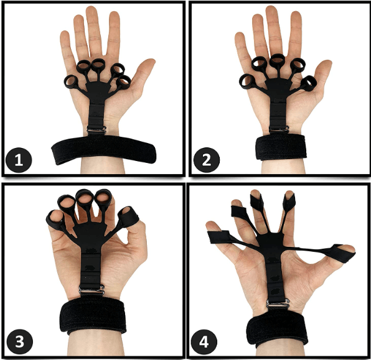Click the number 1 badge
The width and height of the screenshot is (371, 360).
[19, 160]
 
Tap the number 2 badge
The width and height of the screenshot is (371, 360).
[206, 160]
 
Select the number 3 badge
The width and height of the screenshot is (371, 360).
[20, 341]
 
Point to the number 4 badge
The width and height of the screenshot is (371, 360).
[204, 341]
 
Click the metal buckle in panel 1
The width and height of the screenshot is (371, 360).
[96, 130]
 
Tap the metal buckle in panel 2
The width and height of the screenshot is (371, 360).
[279, 129]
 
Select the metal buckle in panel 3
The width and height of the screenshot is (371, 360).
[92, 290]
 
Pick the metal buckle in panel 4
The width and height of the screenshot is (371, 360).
[278, 303]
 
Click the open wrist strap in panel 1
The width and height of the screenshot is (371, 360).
[103, 149]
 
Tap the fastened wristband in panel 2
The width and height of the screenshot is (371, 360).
[281, 147]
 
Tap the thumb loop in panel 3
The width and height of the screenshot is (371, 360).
[128, 217]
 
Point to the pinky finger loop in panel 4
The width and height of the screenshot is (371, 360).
[219, 237]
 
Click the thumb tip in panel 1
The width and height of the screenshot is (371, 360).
[150, 62]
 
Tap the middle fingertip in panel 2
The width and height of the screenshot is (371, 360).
[272, 10]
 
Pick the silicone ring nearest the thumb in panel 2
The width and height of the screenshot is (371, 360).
[309, 83]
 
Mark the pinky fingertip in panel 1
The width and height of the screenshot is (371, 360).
[64, 34]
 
